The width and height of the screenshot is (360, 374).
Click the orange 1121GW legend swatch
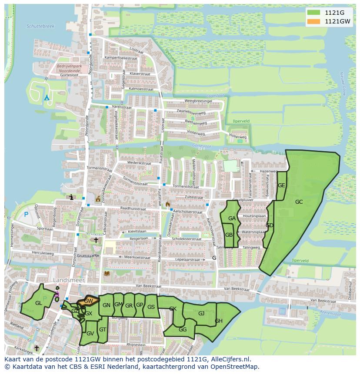coord(313,21)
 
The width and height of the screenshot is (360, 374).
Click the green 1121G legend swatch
coord(313,13)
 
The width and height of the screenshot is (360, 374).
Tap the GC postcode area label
coord(299,202)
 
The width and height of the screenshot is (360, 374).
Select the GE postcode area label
coord(281,185)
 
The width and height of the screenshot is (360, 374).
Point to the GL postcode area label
coord(39,303)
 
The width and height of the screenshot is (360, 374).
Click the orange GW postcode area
coord(88,301)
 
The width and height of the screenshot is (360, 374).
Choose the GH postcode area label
coord(219,321)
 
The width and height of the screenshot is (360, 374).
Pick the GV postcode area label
coord(90,334)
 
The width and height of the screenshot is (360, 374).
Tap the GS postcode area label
coord(151,307)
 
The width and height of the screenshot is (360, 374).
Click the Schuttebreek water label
coord(40,26)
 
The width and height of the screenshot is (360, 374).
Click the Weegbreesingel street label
coord(198,101)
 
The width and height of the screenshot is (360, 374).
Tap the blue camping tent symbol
coord(47,97)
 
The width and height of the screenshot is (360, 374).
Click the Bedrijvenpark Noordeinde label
coord(70,68)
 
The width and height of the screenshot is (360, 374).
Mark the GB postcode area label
coord(229,235)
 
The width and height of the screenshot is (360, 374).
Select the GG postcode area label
coord(183,330)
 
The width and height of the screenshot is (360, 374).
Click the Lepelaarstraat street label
coord(190,259)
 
